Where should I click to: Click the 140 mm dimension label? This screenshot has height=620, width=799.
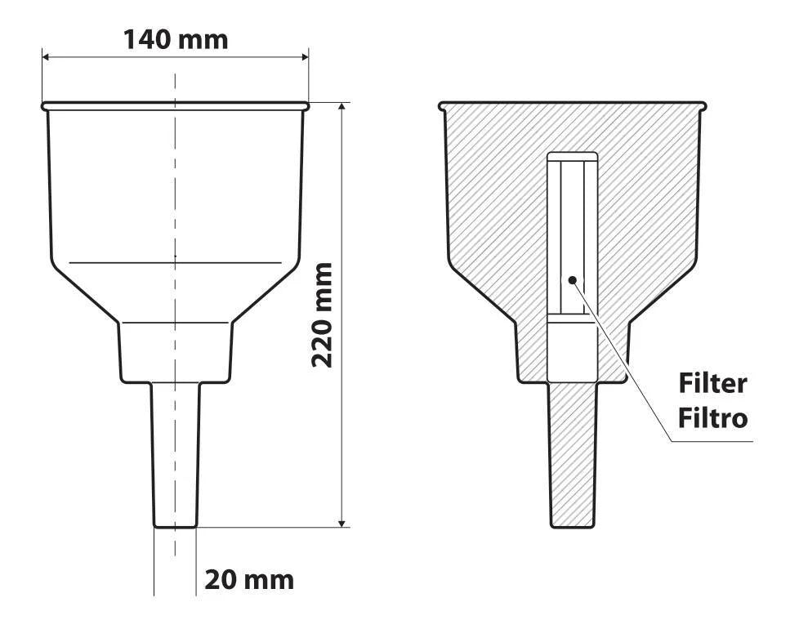pyautogui.click(x=176, y=40)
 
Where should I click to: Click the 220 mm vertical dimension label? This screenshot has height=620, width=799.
pyautogui.click(x=322, y=314)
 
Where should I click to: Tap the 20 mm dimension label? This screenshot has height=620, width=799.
pyautogui.click(x=249, y=580)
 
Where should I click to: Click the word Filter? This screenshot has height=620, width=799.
pyautogui.click(x=712, y=383)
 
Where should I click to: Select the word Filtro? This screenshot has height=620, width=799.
pyautogui.click(x=712, y=418)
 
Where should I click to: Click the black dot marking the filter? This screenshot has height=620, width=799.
pyautogui.click(x=572, y=279)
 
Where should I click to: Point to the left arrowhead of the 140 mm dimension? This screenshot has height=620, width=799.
pyautogui.click(x=46, y=57)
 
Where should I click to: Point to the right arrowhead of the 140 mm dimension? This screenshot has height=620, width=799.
pyautogui.click(x=305, y=57)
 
